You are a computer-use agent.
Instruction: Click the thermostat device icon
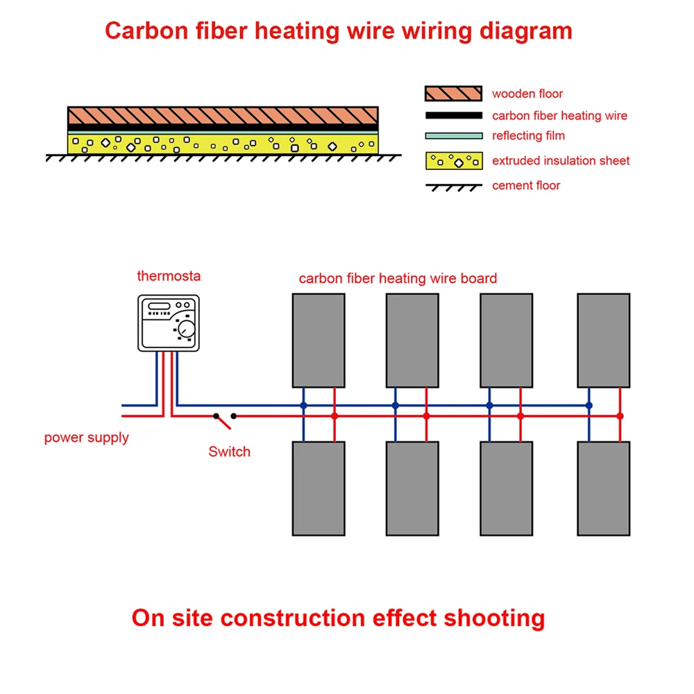coord(169,323)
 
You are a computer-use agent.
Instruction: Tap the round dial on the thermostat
coord(185,330)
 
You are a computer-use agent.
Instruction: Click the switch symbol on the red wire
coord(224,418)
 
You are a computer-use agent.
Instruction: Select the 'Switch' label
coord(229,452)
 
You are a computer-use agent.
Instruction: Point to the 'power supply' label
coord(86,438)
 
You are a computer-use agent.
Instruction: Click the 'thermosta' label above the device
coord(169,276)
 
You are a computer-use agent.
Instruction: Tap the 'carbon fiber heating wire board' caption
coord(398,279)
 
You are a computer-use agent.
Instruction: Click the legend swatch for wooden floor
coord(453,94)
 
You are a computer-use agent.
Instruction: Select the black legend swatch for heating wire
coord(453,115)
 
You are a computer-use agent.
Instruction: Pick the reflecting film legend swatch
coord(453,135)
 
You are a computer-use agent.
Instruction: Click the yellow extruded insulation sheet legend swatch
coord(453,160)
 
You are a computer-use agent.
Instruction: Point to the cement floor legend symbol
coord(453,187)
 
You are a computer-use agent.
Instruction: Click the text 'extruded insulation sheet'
coord(561,161)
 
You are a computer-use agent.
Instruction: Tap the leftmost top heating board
coord(319,340)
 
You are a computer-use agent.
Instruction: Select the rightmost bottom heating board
coord(604,488)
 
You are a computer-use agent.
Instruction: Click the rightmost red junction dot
coord(620,416)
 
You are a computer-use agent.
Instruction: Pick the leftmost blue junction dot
coord(303,405)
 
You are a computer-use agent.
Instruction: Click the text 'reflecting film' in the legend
coord(528,136)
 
